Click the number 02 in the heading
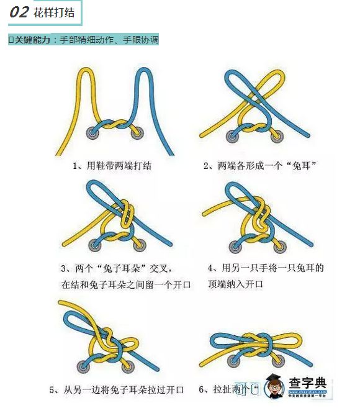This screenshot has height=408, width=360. click(x=20, y=12)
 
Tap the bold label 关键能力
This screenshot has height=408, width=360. click(x=32, y=40)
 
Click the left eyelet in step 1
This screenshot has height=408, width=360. click(x=94, y=131)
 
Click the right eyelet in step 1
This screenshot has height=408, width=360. click(x=137, y=131)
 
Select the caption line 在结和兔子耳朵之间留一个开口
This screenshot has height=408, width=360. click(x=126, y=284)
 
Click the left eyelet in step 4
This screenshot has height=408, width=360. click(x=235, y=242)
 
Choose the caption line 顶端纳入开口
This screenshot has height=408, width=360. click(x=235, y=284)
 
